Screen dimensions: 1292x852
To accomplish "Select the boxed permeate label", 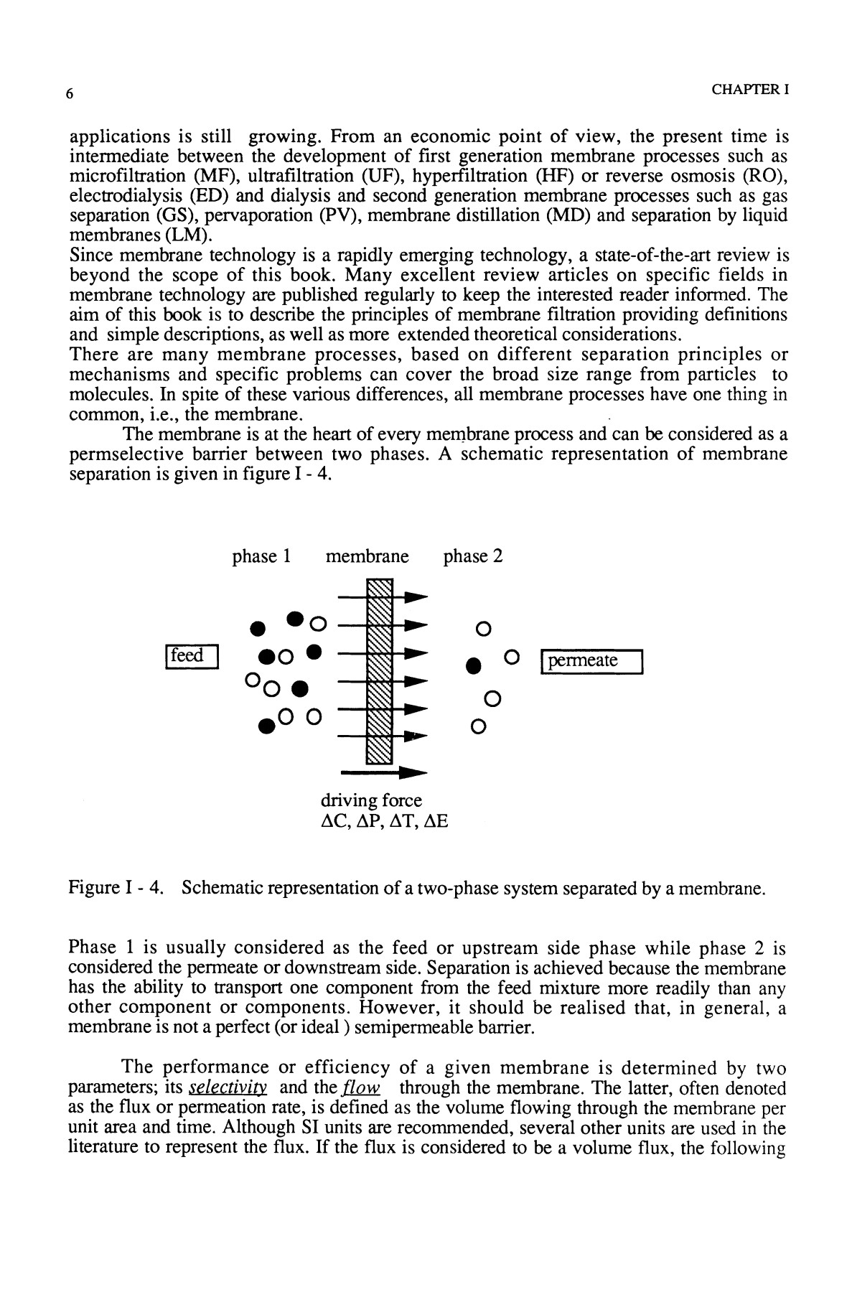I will [x=591, y=661].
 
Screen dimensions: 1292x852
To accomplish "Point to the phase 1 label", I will [x=261, y=556].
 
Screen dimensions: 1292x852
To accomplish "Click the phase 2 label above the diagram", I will [x=472, y=556].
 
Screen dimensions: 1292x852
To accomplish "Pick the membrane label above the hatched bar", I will [x=367, y=556].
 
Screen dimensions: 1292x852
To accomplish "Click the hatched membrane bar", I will [x=379, y=671].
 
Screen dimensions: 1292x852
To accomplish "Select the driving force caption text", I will [x=371, y=800].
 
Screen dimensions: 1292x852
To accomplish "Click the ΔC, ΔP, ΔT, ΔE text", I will [x=383, y=820].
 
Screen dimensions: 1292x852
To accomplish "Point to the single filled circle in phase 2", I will [x=472, y=665].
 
